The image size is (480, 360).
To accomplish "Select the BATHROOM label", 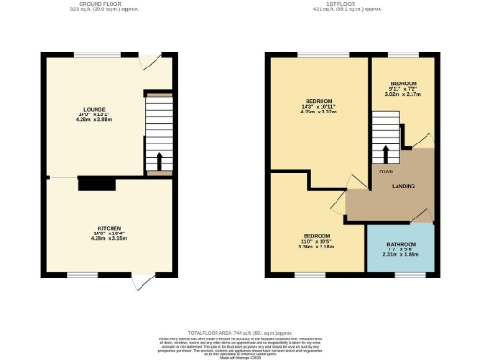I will [x=399, y=242].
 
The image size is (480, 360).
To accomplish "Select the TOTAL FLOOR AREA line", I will [x=239, y=333].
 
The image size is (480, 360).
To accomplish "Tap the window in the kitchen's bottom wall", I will [x=79, y=275].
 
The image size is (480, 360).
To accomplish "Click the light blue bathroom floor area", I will [x=400, y=258].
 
